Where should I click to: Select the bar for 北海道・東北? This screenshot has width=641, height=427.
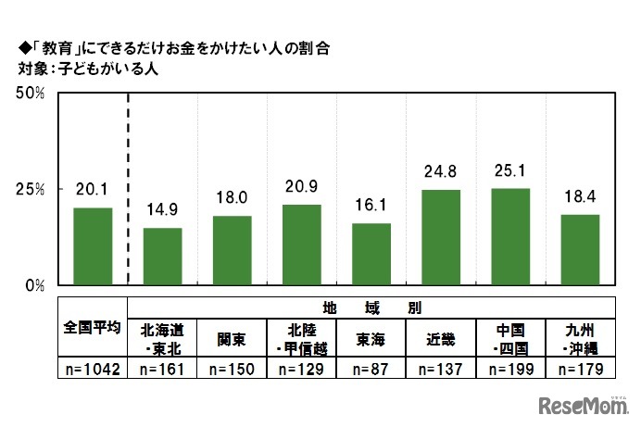coord(162,257)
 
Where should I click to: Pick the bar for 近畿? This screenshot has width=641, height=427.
coord(441,237)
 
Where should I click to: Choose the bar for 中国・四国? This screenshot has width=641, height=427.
coord(510,236)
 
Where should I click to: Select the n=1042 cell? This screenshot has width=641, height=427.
coord(93,369)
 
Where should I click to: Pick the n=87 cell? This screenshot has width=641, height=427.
coord(371,369)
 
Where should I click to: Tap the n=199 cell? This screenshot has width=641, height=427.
coord(510,369)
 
